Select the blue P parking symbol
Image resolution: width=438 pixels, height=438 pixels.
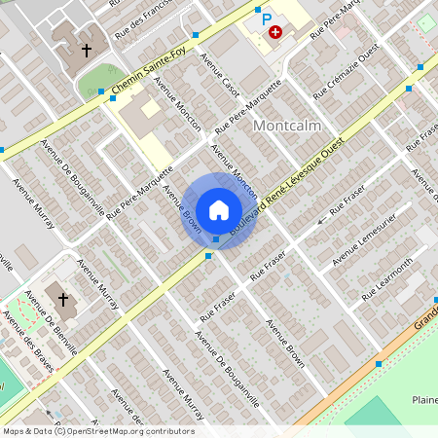click(266, 18)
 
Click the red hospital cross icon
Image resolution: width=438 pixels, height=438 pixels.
click(276, 32)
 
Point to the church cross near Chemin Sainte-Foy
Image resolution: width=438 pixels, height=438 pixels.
click(87, 49)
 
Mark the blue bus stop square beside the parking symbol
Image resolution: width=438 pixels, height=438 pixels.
click(257, 9)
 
